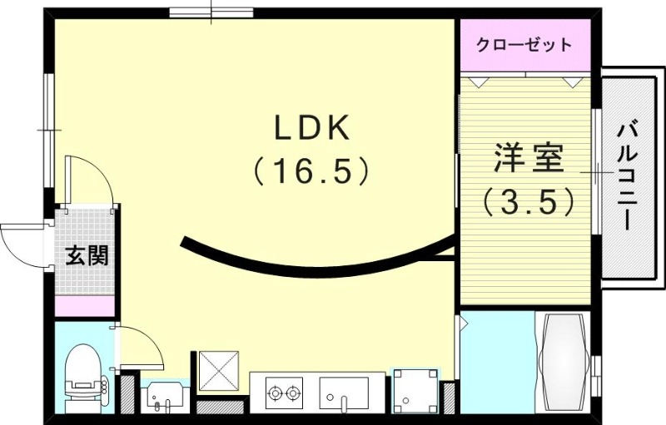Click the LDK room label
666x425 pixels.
click(314, 130)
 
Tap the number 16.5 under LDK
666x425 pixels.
click(311, 171)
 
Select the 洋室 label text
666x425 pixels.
click(529, 157)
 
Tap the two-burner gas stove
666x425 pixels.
click(286, 392)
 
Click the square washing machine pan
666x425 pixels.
click(414, 390)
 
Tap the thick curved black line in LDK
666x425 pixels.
click(316, 268)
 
